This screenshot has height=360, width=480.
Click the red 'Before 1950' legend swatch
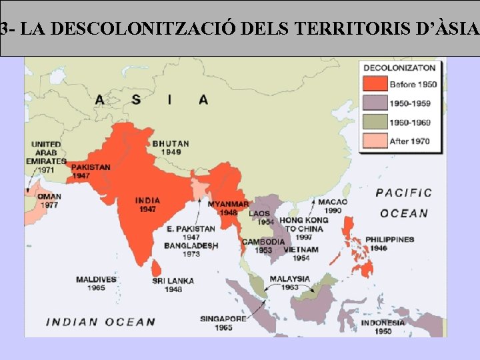pos(375,84)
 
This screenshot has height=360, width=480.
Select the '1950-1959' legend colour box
pos(375,103)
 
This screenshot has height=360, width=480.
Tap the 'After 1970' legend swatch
pos(375,141)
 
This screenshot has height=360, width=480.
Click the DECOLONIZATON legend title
pos(399,67)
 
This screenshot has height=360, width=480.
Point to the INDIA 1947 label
pos(147,205)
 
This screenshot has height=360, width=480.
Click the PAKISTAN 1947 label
pos(90,171)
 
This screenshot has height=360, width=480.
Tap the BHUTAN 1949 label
pos(171,147)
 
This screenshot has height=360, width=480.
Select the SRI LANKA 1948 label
pos(173,285)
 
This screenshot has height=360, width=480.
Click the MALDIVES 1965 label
pos(95,283)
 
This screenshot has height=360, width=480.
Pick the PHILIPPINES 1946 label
pos(389,243)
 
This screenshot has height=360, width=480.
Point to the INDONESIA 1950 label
pos(383,327)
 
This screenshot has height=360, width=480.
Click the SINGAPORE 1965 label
pos(223,323)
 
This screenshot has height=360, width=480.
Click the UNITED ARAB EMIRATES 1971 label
pos(47,157)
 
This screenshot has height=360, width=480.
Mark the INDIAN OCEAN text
pos(100,322)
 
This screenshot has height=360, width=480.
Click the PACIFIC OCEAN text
pos(403,203)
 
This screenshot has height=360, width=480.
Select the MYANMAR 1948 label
pos(228,208)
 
